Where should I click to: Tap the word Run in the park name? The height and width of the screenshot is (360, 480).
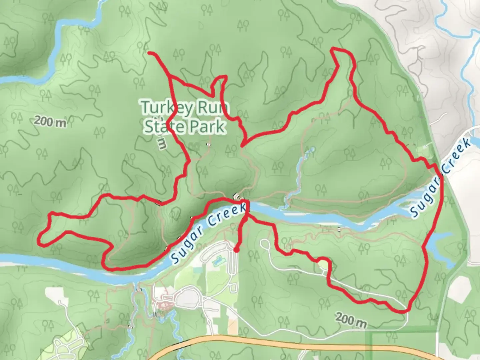click(213, 108)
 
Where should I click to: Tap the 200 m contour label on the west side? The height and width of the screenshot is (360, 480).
click(50, 122)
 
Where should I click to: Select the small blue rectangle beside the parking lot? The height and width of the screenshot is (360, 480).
click(218, 260)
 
